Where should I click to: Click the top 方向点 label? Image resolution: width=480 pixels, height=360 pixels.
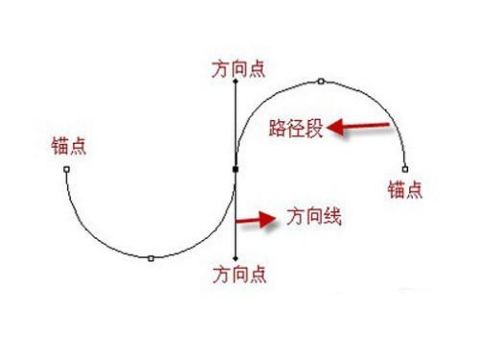(239, 69)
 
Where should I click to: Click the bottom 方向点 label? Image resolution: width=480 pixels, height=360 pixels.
(240, 275)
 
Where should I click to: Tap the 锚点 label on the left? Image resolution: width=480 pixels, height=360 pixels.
(69, 146)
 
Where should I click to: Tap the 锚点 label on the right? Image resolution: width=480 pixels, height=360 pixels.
(405, 189)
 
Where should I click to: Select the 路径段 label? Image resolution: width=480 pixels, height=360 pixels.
(296, 129)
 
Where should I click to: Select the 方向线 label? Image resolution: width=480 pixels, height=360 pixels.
(314, 217)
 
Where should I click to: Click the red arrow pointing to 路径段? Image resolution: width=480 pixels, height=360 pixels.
(358, 127)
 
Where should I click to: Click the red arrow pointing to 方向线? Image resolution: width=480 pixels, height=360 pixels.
(255, 220)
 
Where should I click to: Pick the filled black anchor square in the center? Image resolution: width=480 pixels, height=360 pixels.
(235, 169)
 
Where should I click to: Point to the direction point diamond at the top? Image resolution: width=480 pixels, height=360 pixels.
(235, 82)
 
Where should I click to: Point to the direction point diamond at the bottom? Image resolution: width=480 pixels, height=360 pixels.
(235, 258)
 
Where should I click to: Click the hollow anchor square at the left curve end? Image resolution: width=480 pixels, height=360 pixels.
(66, 169)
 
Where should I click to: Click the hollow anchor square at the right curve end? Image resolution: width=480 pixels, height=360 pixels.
(405, 169)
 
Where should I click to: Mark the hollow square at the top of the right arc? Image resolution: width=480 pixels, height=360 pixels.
(321, 82)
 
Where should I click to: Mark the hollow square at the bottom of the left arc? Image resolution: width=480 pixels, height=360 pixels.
(151, 258)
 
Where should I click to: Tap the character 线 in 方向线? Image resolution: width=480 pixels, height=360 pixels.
(332, 217)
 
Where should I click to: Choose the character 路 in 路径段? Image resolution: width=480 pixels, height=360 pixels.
(277, 129)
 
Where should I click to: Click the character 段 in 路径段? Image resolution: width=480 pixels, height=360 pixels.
(314, 129)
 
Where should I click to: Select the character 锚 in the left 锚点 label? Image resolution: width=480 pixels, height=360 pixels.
(60, 146)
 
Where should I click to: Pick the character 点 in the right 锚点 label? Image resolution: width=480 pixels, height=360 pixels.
(415, 189)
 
